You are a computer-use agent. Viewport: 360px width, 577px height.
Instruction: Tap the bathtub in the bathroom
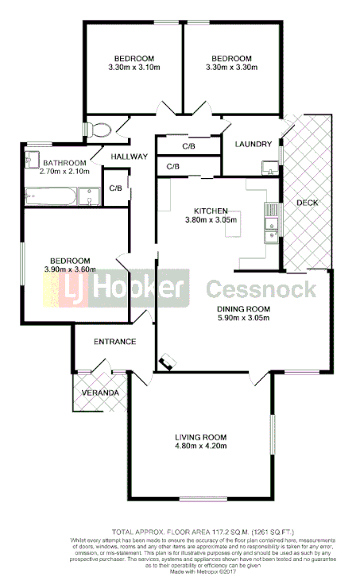51,195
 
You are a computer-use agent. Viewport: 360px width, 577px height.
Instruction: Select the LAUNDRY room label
254,144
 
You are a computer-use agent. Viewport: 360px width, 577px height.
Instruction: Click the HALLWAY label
130,157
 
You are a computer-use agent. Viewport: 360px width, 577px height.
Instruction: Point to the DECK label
307,203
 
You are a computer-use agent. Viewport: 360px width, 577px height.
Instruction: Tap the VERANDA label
101,393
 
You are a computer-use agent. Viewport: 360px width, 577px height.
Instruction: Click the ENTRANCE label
115,342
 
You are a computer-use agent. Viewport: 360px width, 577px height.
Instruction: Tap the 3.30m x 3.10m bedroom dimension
134,68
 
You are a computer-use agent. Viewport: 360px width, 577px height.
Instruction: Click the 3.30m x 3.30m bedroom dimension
231,68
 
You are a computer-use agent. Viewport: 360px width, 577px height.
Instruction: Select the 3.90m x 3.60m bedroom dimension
70,269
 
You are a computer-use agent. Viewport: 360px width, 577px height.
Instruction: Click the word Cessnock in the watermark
261,289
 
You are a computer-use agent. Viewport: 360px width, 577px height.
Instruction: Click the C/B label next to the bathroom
115,188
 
